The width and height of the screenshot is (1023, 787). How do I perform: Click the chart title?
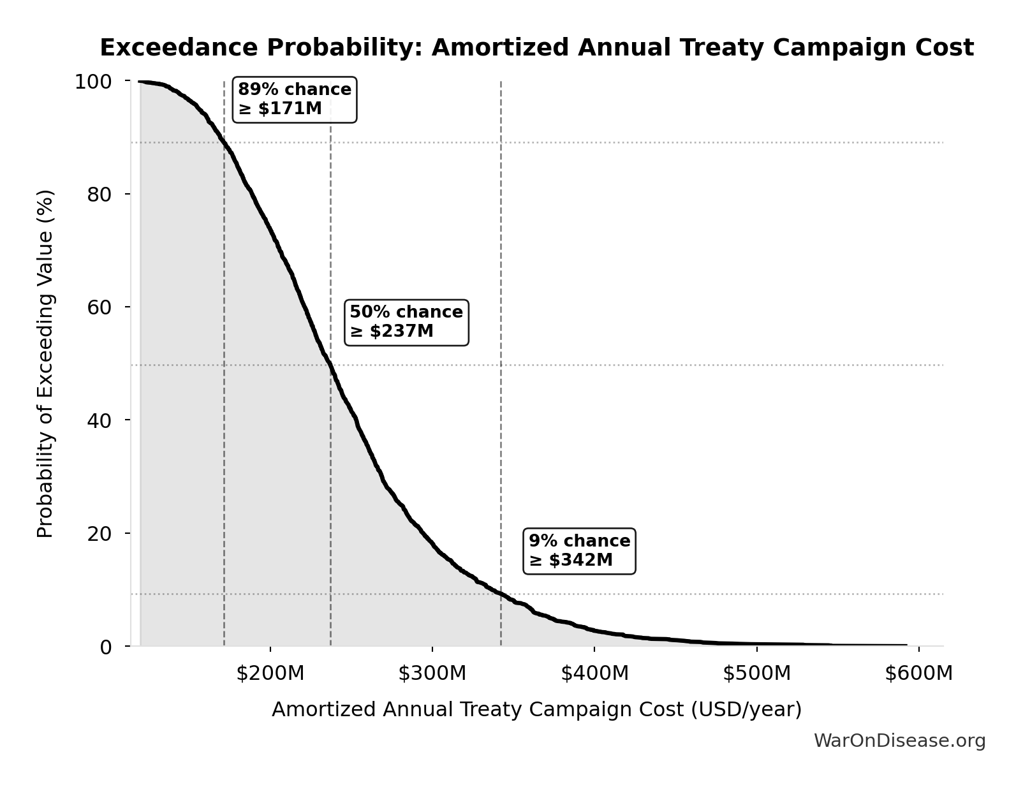tap(536, 48)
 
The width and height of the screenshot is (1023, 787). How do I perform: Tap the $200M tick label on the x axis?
tap(270, 673)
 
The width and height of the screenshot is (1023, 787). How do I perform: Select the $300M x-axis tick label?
tap(432, 673)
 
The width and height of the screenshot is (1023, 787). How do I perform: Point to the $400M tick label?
tap(594, 673)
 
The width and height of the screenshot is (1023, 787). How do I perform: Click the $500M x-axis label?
tap(756, 673)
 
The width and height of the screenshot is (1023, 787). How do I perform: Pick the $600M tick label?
tap(918, 673)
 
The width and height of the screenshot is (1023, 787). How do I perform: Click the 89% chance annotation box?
tap(294, 99)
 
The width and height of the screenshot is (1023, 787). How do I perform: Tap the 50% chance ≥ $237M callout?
tap(406, 322)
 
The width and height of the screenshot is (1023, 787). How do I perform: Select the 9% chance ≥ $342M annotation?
tap(579, 551)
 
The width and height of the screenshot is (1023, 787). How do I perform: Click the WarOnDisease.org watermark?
tap(899, 741)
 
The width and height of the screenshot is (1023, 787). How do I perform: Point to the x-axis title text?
tap(536, 710)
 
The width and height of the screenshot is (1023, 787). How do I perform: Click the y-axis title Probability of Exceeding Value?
tap(45, 364)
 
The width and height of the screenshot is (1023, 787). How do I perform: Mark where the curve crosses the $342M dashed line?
tap(501, 594)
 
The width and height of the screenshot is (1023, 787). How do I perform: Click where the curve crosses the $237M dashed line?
tap(330, 365)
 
